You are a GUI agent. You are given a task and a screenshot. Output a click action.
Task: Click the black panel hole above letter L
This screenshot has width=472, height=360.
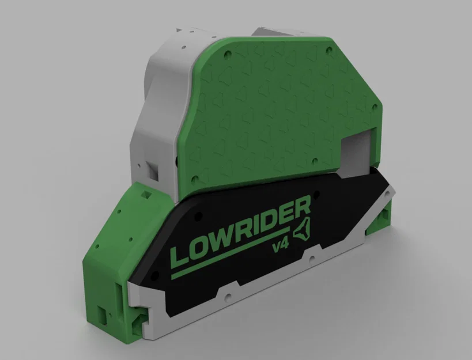click(198, 214)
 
